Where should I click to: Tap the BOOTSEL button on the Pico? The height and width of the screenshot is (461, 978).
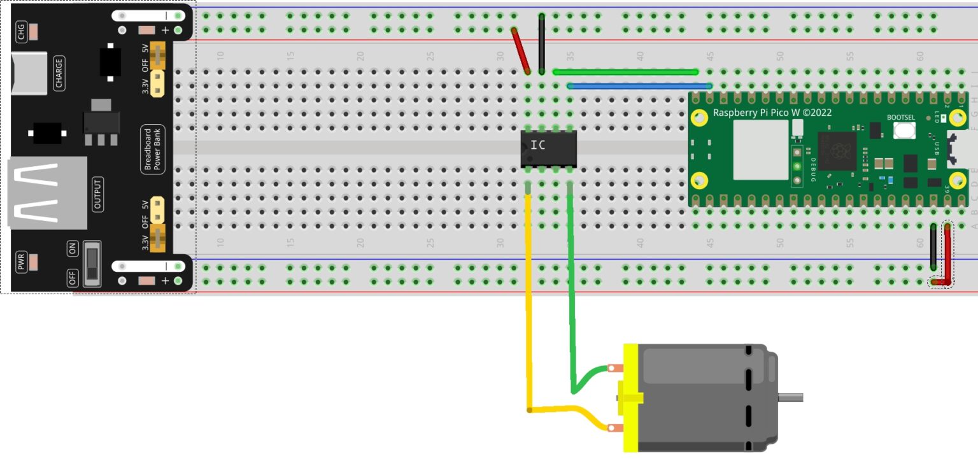pyautogui.click(x=905, y=131)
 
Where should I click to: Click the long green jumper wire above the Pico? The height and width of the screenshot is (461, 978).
pyautogui.click(x=625, y=72)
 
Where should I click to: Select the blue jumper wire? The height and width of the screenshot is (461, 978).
pyautogui.click(x=639, y=86)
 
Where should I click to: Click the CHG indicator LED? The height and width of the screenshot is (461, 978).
pyautogui.click(x=33, y=31)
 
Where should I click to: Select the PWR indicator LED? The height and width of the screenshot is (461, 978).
pyautogui.click(x=33, y=262)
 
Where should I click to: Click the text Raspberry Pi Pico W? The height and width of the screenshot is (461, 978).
pyautogui.click(x=772, y=113)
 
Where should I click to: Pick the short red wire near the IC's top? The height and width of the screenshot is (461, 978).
pyautogui.click(x=521, y=50)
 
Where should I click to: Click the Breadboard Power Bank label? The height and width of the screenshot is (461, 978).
pyautogui.click(x=153, y=150)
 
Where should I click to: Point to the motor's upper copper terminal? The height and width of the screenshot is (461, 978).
pyautogui.click(x=614, y=368)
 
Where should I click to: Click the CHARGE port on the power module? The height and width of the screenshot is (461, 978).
pyautogui.click(x=29, y=73)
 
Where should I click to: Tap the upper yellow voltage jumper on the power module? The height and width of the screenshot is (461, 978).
pyautogui.click(x=157, y=57)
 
